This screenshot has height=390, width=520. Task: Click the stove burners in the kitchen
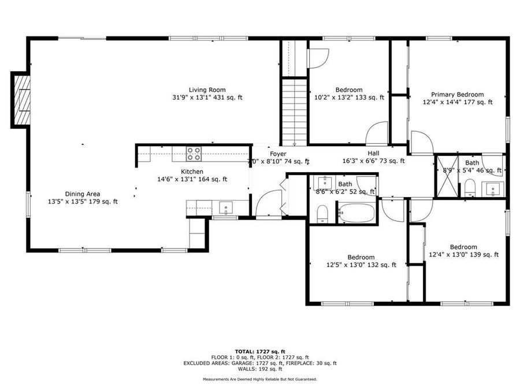pyautogui.click(x=194, y=154)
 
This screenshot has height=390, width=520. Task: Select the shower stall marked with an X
pyautogui.click(x=445, y=173)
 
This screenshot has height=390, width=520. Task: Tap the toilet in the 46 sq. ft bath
pyautogui.click(x=469, y=187)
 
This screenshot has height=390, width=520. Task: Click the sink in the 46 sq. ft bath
pyautogui.click(x=493, y=187)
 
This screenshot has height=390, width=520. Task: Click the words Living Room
pyautogui.click(x=207, y=90)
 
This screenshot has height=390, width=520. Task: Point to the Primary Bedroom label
pyautogui.click(x=457, y=94)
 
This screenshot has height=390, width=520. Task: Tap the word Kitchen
pyautogui.click(x=192, y=172)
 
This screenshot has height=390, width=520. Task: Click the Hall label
pyautogui.click(x=373, y=153)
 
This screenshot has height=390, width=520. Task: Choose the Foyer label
pyautogui.click(x=278, y=154)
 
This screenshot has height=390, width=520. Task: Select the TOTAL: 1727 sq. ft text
pyautogui.click(x=259, y=351)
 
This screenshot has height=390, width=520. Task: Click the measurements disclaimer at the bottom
pyautogui.click(x=259, y=379)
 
